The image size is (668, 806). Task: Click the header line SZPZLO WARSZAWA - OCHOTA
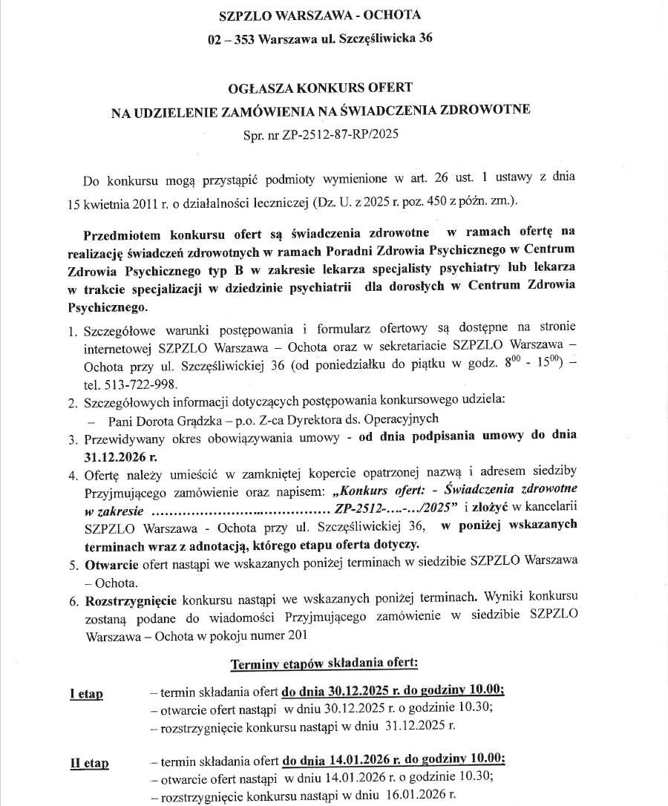click(320, 16)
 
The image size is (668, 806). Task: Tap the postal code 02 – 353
click(232, 38)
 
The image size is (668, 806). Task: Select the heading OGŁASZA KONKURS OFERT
click(321, 88)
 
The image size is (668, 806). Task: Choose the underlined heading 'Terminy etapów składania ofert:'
click(324, 663)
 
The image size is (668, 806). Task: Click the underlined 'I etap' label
click(86, 694)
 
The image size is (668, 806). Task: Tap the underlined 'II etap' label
click(89, 764)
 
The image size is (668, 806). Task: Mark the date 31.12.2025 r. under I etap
click(420, 725)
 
